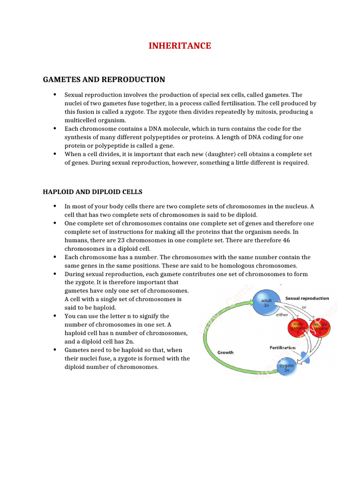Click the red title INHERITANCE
(180, 46)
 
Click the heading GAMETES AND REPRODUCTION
(104, 80)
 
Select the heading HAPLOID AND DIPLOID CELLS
(93, 192)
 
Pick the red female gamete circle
(321, 327)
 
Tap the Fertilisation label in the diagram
(282, 347)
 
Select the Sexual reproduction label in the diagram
(307, 298)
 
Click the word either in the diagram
(282, 315)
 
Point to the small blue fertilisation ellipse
(304, 359)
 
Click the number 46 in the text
(287, 240)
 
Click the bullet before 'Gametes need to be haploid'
(55, 350)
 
